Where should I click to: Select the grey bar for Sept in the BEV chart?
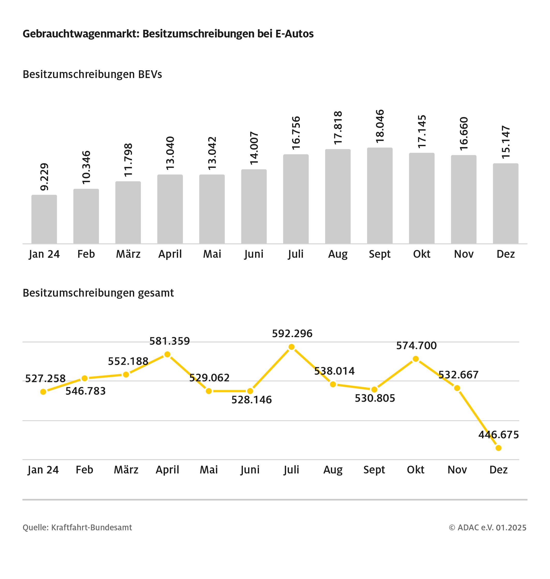(380, 196)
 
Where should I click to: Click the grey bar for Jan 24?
(44, 219)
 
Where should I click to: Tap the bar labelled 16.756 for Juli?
(296, 199)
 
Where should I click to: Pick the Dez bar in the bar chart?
(506, 203)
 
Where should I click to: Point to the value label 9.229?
(44, 177)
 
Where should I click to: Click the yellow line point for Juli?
(291, 347)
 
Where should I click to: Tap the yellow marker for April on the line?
(167, 354)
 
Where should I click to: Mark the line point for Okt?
(415, 359)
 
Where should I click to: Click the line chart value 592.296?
(292, 334)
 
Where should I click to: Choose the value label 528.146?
(251, 400)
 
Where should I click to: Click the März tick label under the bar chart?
(128, 254)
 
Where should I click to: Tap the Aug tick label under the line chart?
(333, 470)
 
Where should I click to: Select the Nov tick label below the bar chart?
(464, 254)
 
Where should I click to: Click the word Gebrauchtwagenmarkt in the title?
(81, 34)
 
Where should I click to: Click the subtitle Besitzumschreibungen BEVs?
(92, 75)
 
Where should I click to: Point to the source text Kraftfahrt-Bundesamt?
(92, 528)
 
